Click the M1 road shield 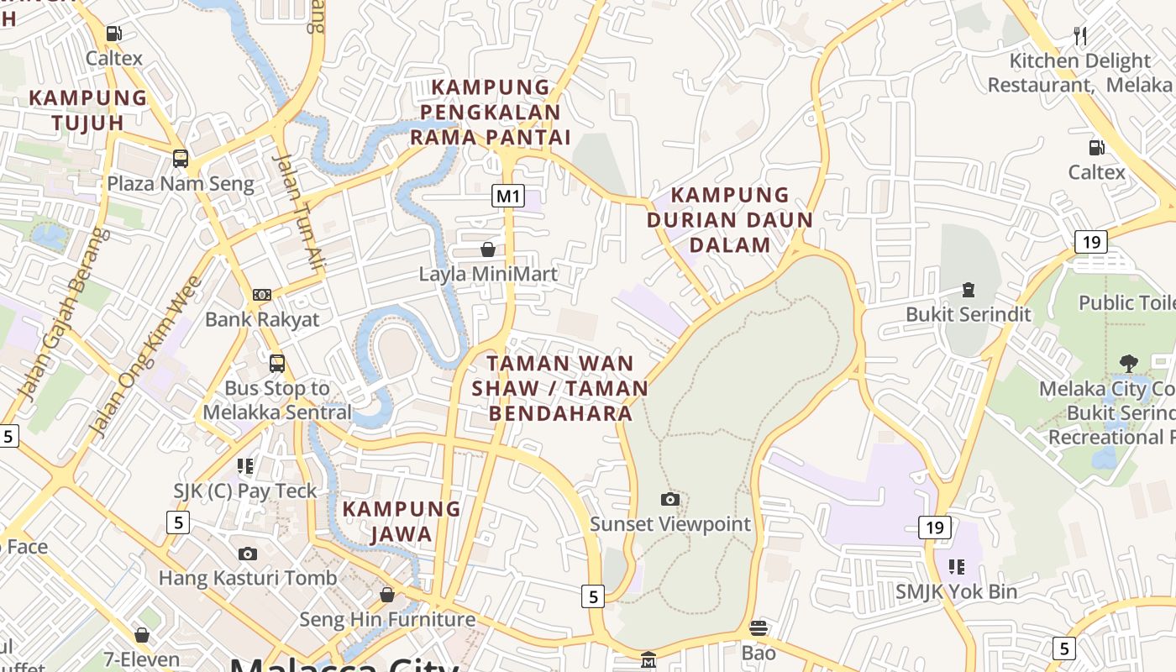(508, 197)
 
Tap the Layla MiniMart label (488, 274)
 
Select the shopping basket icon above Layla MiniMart (488, 249)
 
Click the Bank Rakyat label (262, 319)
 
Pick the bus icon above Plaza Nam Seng (180, 158)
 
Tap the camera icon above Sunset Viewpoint (669, 500)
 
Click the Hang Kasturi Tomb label (248, 578)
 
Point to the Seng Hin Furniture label (387, 620)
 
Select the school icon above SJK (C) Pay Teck (245, 465)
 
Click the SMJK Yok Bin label (956, 591)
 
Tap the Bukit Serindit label (969, 314)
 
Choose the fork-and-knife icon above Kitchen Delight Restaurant (1080, 36)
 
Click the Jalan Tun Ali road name (299, 212)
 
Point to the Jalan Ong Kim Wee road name (144, 356)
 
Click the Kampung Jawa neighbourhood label (401, 521)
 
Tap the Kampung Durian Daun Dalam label (729, 220)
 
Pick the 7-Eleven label (141, 659)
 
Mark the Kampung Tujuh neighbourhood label (87, 110)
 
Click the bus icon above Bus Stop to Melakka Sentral (277, 364)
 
